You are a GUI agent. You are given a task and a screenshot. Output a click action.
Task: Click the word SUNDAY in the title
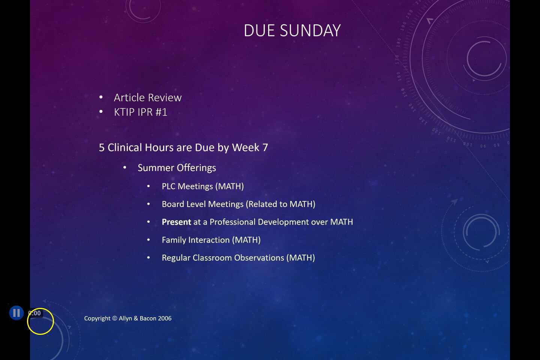[310, 31]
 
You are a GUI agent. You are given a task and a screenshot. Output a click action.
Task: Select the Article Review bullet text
[148, 97]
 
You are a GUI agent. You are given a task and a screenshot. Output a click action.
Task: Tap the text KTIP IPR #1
[141, 112]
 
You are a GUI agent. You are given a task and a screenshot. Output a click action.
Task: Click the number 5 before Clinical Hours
[102, 147]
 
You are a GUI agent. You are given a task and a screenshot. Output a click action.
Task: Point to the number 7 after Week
[265, 147]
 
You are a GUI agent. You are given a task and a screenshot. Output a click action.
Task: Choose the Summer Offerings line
[177, 168]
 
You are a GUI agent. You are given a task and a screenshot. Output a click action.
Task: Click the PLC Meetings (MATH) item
[202, 186]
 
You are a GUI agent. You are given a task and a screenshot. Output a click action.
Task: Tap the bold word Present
[176, 222]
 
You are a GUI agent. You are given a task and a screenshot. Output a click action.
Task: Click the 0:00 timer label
[34, 313]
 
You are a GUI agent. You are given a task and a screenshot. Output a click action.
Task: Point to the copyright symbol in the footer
[115, 318]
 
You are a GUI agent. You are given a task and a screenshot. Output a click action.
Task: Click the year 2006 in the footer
[164, 318]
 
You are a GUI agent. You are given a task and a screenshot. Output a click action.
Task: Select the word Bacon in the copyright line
[148, 318]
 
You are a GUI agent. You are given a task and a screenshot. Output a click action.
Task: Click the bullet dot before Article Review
[101, 97]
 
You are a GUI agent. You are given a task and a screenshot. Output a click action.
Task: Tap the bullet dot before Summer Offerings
[125, 168]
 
